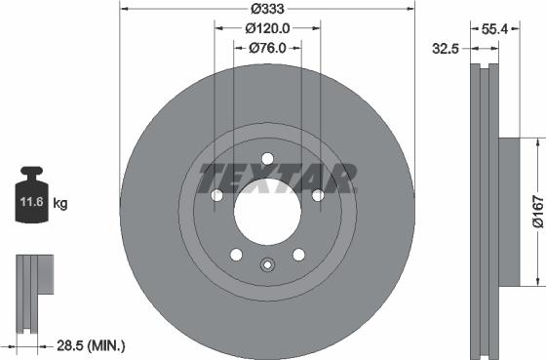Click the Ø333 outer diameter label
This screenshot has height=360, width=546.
click(266, 10)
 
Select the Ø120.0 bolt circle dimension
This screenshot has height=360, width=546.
click(267, 29)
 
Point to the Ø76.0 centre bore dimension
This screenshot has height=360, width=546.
click(266, 48)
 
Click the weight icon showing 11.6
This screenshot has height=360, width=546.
click(32, 203)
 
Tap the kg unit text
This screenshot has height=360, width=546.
click(60, 204)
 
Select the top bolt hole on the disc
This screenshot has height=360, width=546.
click(267, 159)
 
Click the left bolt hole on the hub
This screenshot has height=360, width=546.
click(216, 196)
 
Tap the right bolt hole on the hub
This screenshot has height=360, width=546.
click(318, 196)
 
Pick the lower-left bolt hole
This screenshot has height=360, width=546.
click(236, 255)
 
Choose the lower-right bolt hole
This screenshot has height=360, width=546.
click(298, 255)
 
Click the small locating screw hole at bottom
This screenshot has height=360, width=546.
click(267, 263)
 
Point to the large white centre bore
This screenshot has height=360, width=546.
click(267, 211)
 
